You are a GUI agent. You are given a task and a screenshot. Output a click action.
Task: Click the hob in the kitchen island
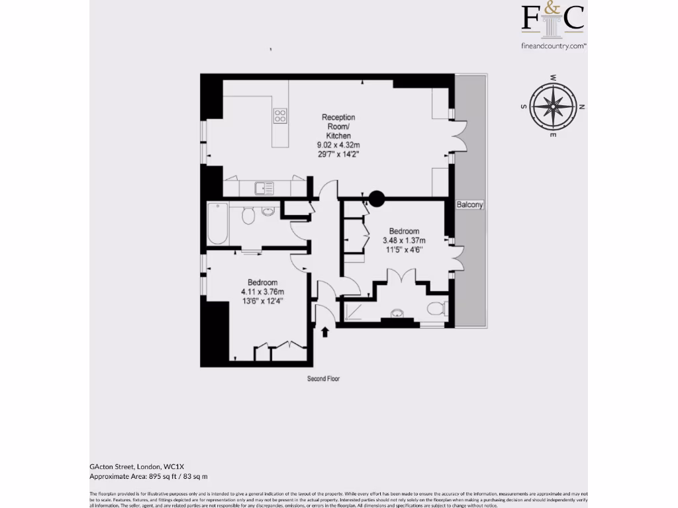coord(280,116)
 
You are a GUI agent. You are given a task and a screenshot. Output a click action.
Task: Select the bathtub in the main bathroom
coord(217,224)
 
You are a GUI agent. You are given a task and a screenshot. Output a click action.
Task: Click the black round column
coord(376,197)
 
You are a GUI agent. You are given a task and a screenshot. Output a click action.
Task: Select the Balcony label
coord(470,205)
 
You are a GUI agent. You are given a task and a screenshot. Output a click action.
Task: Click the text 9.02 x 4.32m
coord(338,145)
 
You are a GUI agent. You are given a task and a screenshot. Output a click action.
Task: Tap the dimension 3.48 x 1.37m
coord(404,241)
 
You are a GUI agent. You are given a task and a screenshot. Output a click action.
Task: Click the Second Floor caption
coord(323,379)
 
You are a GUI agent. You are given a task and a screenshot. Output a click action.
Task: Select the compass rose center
coord(552,106)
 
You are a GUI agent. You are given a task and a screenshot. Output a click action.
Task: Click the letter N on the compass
coord(582,106)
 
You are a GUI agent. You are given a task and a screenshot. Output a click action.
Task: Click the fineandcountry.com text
coord(554,46)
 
